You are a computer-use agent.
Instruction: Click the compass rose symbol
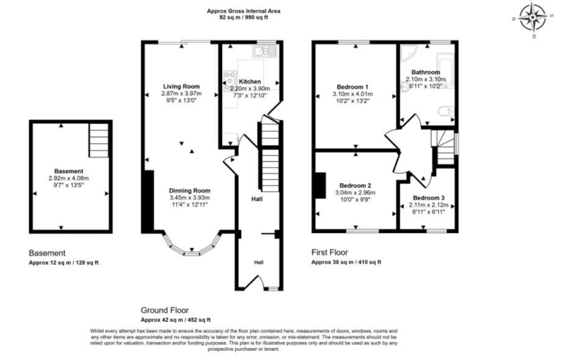click(x=533, y=18)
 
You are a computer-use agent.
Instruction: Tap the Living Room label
click(x=181, y=86)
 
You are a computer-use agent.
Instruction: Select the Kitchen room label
click(x=250, y=82)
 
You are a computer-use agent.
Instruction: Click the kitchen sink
click(x=265, y=51)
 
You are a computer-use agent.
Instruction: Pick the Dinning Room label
click(x=190, y=191)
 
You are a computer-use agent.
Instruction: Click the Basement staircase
click(x=98, y=140)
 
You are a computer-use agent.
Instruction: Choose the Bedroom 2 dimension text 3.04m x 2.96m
click(x=355, y=193)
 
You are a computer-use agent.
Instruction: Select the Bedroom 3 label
click(x=428, y=198)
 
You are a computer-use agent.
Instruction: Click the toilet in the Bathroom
click(x=446, y=111)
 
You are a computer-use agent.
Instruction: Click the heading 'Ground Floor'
click(x=165, y=310)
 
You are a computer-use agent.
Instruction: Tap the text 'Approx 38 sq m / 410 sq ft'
click(x=346, y=262)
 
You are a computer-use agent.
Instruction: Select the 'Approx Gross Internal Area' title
click(x=243, y=11)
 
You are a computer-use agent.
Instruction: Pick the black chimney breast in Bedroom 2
click(x=320, y=185)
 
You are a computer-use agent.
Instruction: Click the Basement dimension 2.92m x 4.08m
click(x=69, y=178)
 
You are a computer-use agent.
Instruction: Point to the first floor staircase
click(x=443, y=147)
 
